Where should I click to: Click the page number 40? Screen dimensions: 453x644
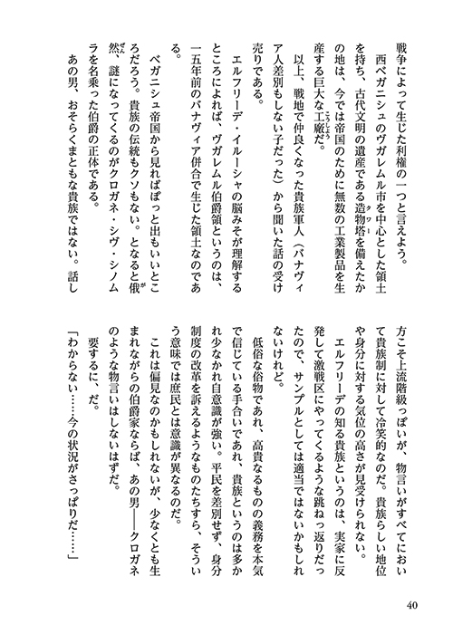tap(412, 605)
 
